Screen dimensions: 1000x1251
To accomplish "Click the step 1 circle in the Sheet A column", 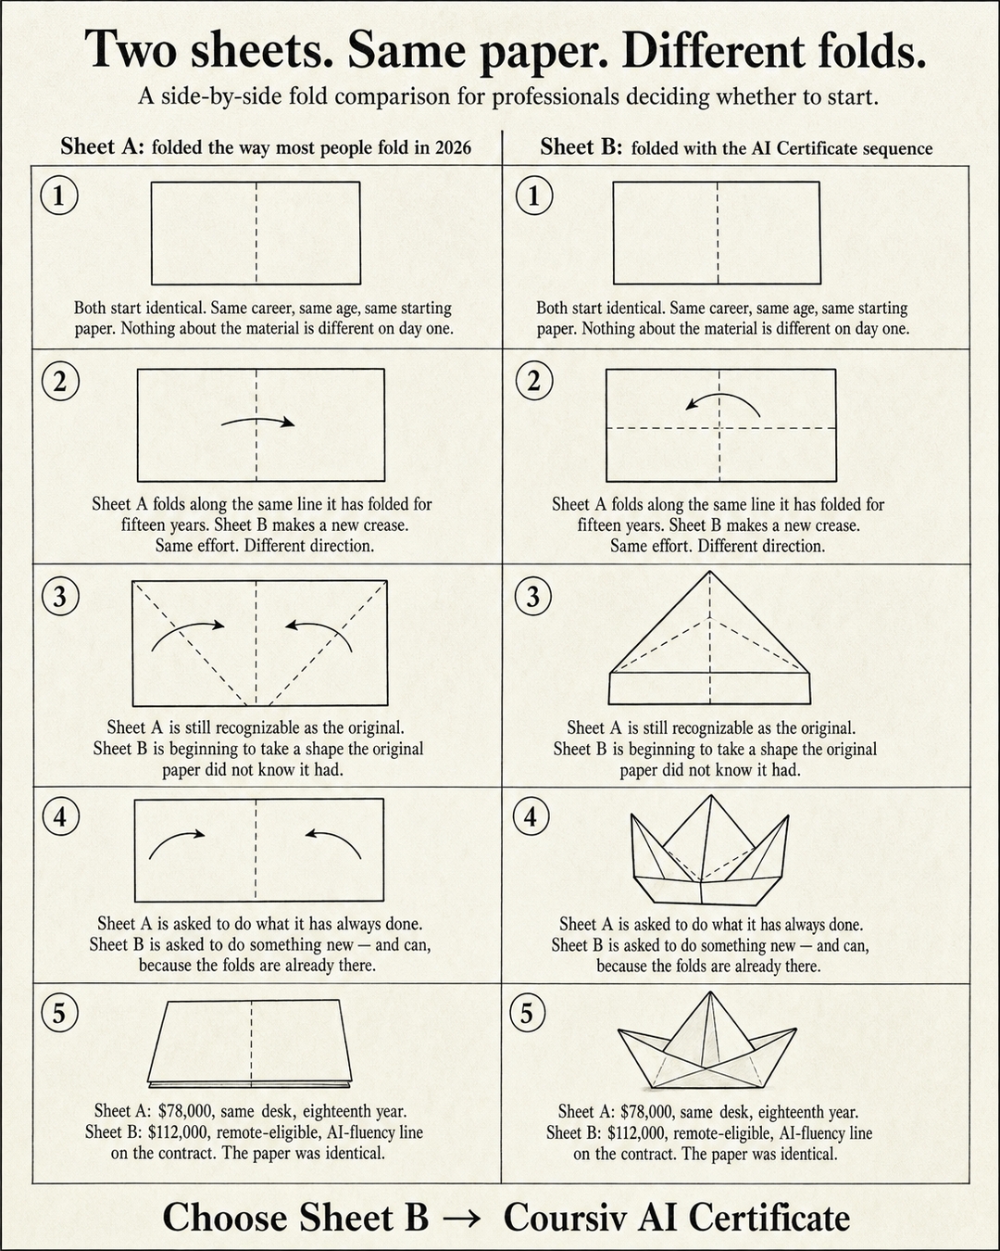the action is tap(58, 196).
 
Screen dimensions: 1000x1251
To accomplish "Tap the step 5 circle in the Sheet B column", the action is tap(528, 1013).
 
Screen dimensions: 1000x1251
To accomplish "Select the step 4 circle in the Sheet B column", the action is tap(531, 816).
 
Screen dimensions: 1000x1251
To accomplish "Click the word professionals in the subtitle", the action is tap(556, 97).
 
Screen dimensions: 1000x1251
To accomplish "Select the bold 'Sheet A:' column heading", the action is tap(102, 146).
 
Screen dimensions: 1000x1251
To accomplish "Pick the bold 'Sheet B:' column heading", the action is tap(581, 147).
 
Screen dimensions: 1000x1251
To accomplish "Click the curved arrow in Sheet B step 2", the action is tap(720, 397).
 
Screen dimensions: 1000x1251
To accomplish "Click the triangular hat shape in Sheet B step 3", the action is tap(709, 639).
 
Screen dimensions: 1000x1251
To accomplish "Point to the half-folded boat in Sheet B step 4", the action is tap(709, 851).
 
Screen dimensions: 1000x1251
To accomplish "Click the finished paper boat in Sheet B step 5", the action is tap(706, 1041).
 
